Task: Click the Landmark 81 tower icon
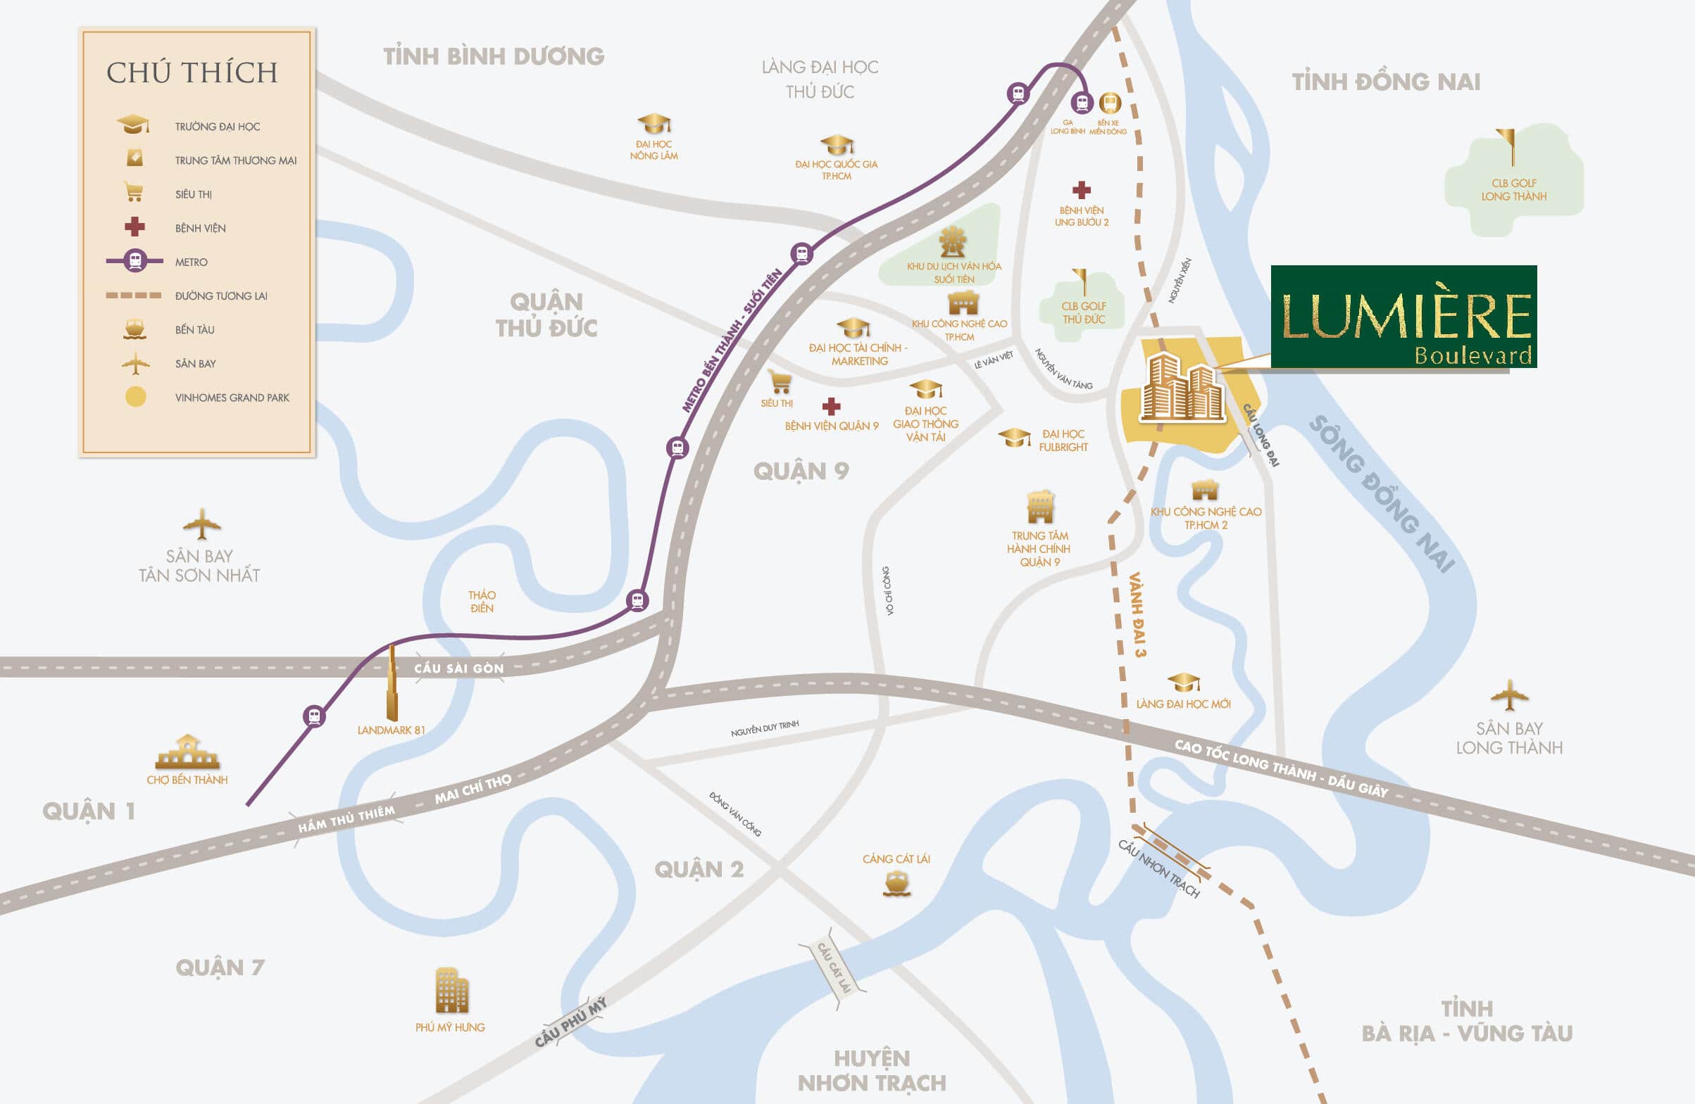click(392, 683)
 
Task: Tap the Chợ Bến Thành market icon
click(187, 752)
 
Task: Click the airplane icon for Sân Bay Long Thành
click(1508, 695)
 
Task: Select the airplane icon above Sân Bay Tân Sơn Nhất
click(201, 525)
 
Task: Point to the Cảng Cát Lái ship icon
click(896, 884)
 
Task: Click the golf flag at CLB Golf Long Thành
click(1507, 146)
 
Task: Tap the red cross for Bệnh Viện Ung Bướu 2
click(1081, 190)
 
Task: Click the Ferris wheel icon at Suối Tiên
click(952, 243)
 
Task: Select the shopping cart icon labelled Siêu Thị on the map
click(780, 382)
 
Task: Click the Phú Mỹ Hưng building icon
click(451, 990)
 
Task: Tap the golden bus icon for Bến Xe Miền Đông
click(1110, 103)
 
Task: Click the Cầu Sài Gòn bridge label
click(458, 668)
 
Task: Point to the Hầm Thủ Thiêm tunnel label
click(346, 819)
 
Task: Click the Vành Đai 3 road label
click(1137, 614)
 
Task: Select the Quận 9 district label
click(801, 471)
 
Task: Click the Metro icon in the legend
click(135, 261)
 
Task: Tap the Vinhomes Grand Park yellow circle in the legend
click(135, 397)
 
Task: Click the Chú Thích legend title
click(192, 72)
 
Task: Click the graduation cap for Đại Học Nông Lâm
click(653, 124)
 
